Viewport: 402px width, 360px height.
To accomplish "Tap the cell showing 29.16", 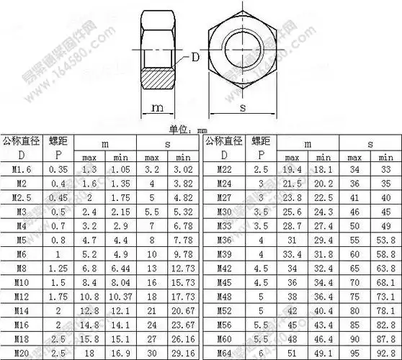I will pyautogui.click(x=184, y=354).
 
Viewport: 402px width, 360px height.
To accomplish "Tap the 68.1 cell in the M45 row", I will pyautogui.click(x=385, y=282).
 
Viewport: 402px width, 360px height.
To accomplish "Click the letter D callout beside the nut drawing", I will pyautogui.click(x=195, y=57).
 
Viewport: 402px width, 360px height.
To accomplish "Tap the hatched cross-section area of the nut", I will pyautogui.click(x=158, y=77).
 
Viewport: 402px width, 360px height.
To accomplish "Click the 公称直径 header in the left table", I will pyautogui.click(x=22, y=140).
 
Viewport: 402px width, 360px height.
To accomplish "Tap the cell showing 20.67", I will pyautogui.click(x=184, y=311).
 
